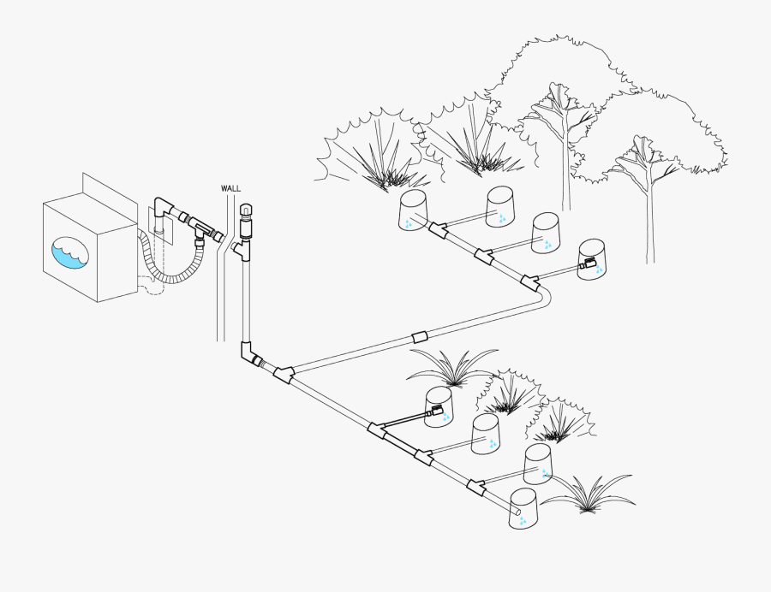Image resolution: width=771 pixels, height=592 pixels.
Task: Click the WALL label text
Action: (x=231, y=188)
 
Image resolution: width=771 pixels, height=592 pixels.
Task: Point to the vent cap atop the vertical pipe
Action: (x=244, y=209)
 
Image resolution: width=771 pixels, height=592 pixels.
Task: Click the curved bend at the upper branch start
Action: (x=544, y=297)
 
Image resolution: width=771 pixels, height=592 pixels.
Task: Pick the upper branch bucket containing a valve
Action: (x=592, y=260)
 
